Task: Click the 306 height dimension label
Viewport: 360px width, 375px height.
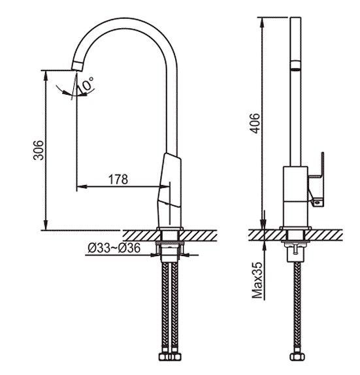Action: [x=39, y=150]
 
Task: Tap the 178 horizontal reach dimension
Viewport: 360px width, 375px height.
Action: [x=118, y=180]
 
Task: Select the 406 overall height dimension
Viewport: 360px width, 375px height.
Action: [x=255, y=123]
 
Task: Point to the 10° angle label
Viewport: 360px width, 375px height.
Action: [x=86, y=85]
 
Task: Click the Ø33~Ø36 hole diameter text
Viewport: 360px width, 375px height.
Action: [x=114, y=248]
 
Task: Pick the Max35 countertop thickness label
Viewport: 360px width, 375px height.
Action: [x=257, y=280]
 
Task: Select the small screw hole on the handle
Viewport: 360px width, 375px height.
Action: [x=318, y=203]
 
